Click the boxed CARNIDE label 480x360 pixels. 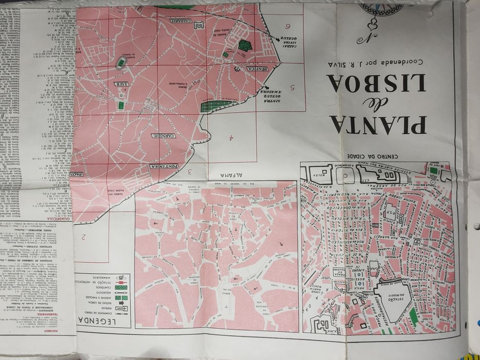[x=164, y=135]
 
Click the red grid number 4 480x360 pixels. [x=232, y=137]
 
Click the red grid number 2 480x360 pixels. [x=82, y=237]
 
